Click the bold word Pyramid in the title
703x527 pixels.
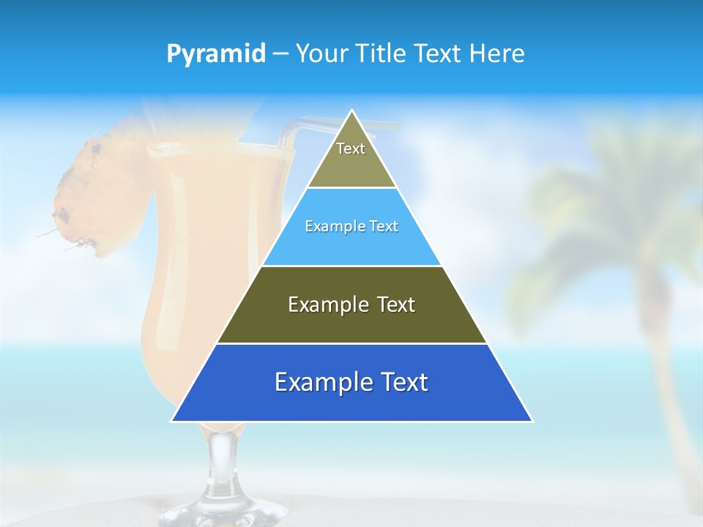[216, 54]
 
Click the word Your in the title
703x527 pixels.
[321, 54]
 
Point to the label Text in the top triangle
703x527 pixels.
[351, 149]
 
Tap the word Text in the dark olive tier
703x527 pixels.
[393, 304]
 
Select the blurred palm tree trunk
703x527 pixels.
[666, 381]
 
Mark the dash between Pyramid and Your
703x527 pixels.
[280, 54]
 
